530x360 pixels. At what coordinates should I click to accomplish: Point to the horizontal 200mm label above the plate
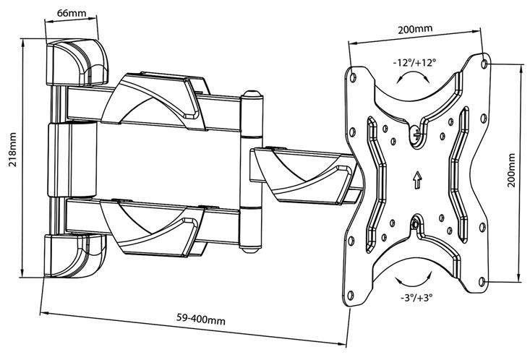(415, 30)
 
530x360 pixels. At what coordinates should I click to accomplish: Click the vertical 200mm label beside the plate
(512, 170)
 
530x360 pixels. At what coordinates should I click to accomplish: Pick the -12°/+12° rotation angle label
(415, 63)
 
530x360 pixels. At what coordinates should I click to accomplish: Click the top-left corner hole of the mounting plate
(353, 72)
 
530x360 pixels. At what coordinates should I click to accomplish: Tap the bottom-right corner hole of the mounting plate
(484, 283)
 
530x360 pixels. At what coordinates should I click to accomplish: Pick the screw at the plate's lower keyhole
(416, 224)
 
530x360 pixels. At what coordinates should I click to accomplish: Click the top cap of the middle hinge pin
(251, 96)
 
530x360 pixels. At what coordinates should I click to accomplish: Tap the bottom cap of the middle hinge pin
(251, 249)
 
